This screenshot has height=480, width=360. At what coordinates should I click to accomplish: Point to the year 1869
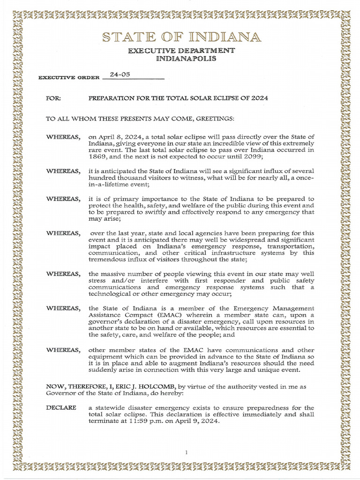98,157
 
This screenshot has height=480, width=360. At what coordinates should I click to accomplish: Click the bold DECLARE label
61,408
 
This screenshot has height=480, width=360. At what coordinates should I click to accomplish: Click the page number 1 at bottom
186,452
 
